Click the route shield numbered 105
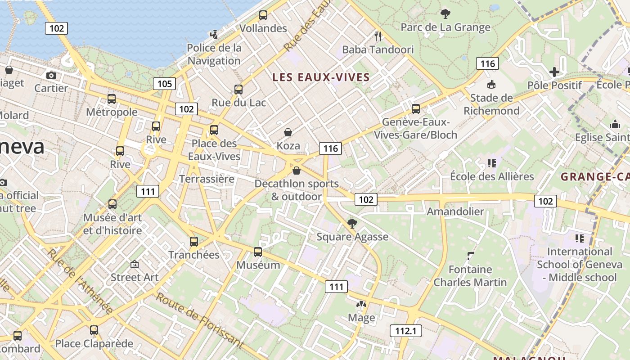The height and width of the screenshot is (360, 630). (164, 84)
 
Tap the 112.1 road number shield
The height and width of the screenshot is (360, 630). (405, 331)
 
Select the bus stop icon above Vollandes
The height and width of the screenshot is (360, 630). (263, 15)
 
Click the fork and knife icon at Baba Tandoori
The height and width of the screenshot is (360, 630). (378, 36)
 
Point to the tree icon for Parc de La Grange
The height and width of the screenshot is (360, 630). (445, 14)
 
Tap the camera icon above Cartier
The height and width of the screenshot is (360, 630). (51, 75)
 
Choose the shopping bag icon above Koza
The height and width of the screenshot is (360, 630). (288, 132)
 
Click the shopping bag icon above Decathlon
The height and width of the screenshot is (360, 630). (297, 171)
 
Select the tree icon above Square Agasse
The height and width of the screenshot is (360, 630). (352, 223)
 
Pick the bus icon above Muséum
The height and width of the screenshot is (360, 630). (258, 252)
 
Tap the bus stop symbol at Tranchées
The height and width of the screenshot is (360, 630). (194, 242)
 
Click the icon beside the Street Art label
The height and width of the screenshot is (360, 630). (134, 264)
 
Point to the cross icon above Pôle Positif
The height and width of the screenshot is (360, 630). (554, 72)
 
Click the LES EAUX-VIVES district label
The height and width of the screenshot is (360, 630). (321, 77)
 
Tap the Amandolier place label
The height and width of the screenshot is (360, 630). (455, 211)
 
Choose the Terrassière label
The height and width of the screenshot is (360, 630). (207, 179)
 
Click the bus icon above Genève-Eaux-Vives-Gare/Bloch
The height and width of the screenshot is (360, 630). (416, 109)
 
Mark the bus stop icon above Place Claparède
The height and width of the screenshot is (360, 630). (94, 330)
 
